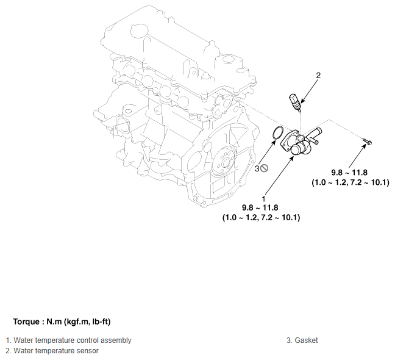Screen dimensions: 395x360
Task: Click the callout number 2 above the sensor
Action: coord(318,75)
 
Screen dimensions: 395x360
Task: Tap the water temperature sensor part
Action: coord(295,103)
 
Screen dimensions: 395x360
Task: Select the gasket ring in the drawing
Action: coord(278,132)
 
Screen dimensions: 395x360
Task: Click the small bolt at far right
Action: coord(367,141)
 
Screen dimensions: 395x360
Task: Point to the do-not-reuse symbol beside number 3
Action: coord(265,168)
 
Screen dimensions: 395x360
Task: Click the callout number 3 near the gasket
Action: coord(257,168)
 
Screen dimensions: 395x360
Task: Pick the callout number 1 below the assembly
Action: coord(263,199)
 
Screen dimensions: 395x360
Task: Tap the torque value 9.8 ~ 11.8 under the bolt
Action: coord(349,173)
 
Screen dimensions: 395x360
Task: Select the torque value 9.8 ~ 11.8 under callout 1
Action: coord(260,207)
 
